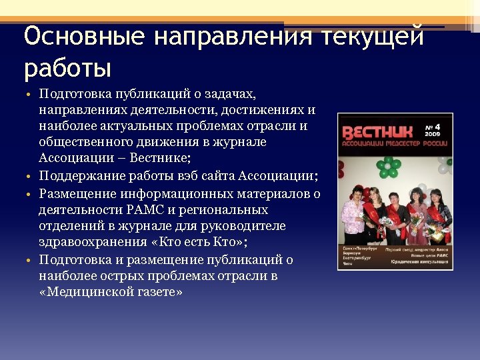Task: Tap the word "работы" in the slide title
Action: point(67,68)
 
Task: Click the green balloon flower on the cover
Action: point(385,164)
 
